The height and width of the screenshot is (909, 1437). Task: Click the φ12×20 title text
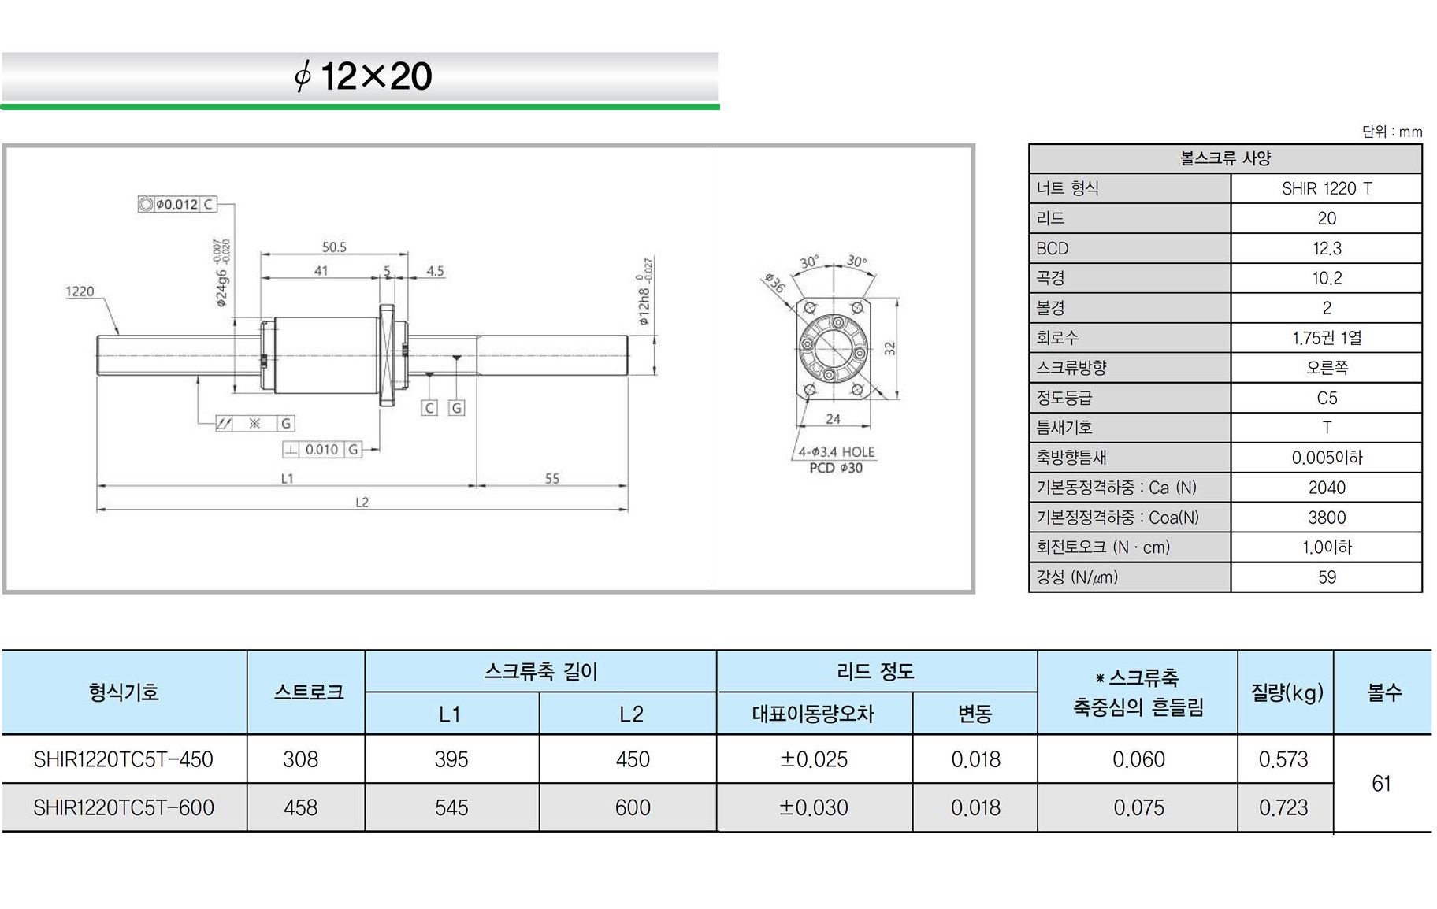362,76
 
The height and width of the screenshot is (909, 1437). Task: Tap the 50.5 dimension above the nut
334,247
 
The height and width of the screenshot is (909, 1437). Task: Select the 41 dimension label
321,270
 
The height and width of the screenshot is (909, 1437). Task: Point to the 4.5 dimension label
435,270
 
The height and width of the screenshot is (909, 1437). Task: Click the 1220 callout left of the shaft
79,291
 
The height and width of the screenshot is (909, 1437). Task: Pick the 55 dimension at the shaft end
551,478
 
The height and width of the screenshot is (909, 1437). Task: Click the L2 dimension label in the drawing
362,502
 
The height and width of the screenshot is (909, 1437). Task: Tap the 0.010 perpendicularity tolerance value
321,450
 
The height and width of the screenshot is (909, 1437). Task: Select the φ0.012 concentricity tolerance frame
176,204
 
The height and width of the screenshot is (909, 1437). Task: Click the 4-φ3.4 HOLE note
836,451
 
